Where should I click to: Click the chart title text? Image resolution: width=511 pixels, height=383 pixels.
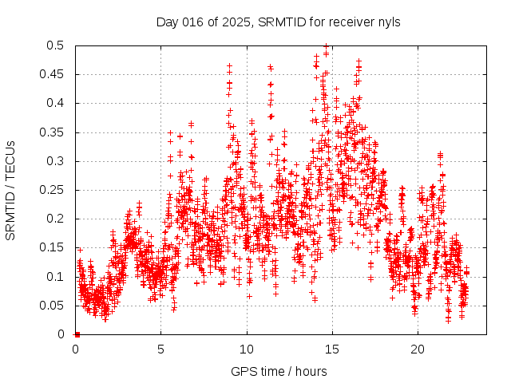pyautogui.click(x=279, y=22)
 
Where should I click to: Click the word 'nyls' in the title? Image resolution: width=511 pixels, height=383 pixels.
pyautogui.click(x=388, y=22)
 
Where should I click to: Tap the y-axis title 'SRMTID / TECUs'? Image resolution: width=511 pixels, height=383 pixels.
pyautogui.click(x=10, y=190)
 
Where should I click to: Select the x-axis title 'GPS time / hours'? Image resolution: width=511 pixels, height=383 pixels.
pyautogui.click(x=279, y=371)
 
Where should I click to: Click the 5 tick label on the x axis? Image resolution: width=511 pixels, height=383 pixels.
pyautogui.click(x=161, y=349)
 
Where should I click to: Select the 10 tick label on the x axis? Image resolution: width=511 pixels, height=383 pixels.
pyautogui.click(x=247, y=349)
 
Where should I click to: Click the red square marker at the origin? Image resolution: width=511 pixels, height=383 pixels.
pyautogui.click(x=77, y=334)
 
